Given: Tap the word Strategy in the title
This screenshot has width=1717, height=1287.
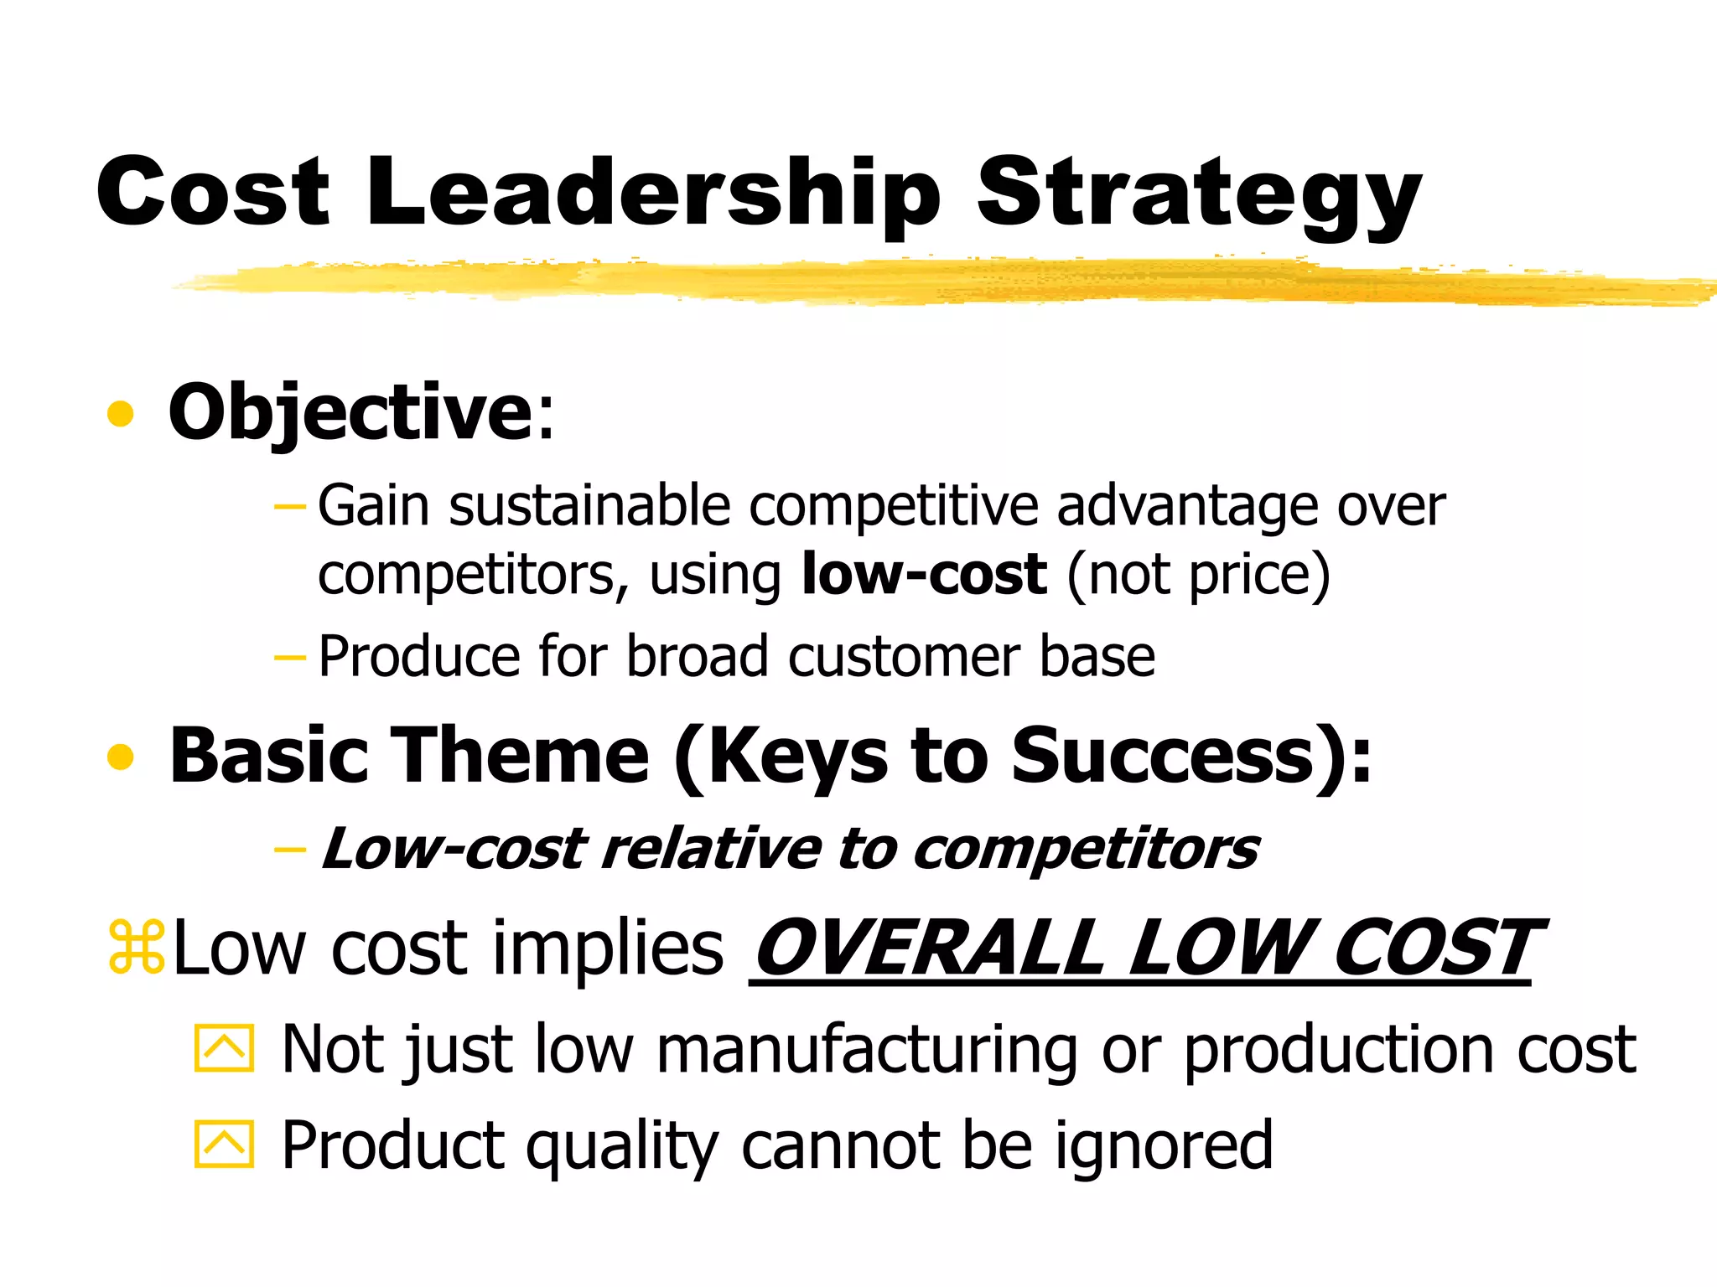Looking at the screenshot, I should pos(1199,197).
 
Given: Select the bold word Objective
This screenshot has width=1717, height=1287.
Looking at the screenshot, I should pos(350,412).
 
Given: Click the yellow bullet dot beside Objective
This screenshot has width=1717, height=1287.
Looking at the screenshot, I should pos(121,414).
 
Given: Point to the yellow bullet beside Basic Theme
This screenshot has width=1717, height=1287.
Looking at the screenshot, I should pos(121,757).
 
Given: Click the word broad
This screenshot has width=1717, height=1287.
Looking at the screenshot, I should pos(697,656).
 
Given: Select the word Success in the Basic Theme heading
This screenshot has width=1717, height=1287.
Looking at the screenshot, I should pos(1162,756).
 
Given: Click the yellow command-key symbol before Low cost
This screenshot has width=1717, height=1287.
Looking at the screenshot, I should pos(137,948).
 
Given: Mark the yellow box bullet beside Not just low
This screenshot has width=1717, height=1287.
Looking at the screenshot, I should pos(224,1047).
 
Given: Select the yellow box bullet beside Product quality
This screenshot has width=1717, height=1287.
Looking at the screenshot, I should pos(224,1144).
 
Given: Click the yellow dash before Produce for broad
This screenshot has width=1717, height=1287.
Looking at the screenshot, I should pos(290,657).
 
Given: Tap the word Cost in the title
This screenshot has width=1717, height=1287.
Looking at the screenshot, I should pos(213,193).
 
